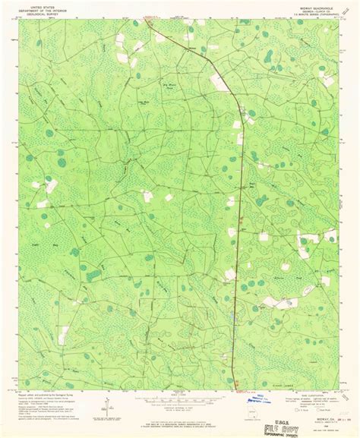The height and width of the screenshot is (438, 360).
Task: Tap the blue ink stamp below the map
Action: (x=267, y=398)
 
